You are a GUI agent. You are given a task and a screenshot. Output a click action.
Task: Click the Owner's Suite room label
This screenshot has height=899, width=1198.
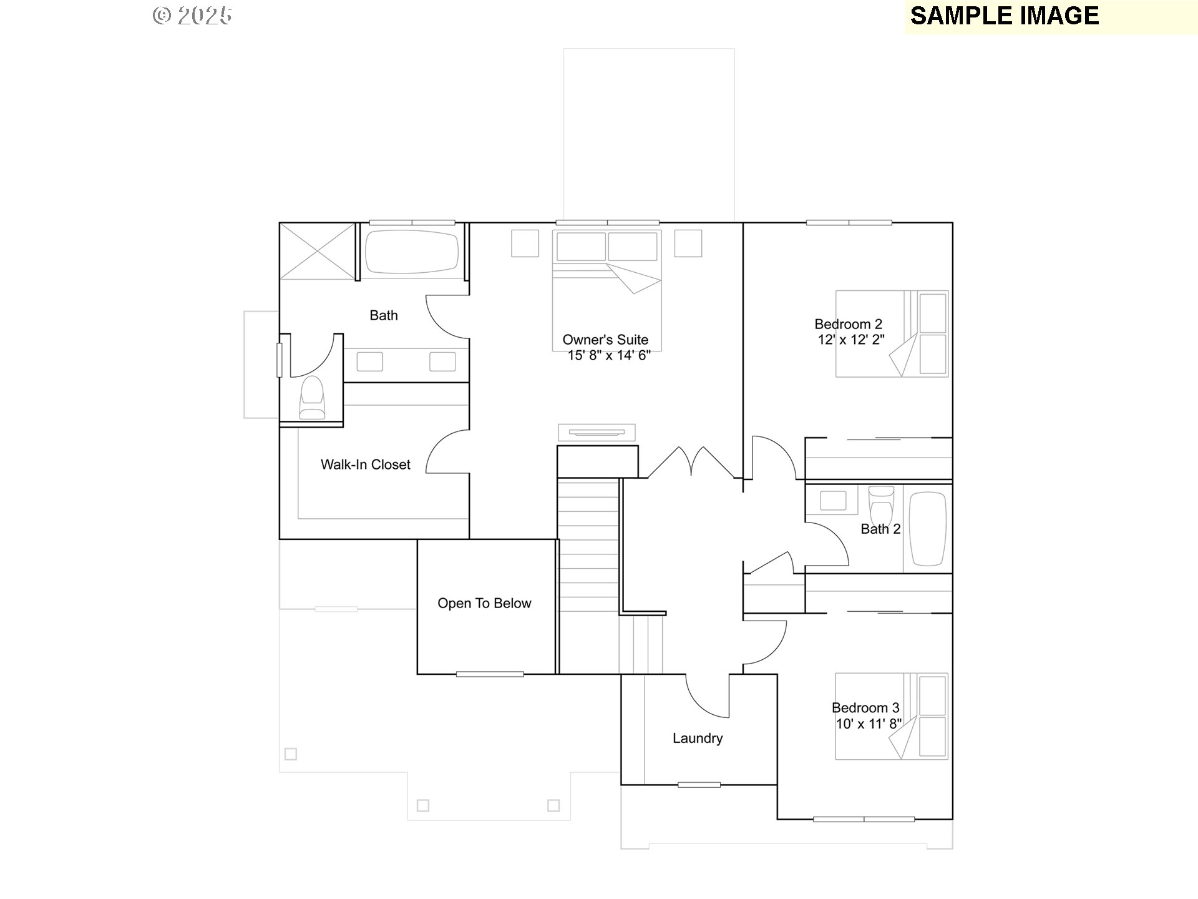click(605, 340)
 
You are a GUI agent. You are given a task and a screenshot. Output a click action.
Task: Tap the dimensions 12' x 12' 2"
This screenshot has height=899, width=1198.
click(851, 340)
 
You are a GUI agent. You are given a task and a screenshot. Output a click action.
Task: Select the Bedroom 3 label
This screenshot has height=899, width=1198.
click(865, 707)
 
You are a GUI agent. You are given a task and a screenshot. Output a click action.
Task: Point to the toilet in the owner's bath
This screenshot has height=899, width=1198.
click(312, 398)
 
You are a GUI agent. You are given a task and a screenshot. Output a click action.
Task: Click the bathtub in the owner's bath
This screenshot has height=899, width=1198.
click(411, 252)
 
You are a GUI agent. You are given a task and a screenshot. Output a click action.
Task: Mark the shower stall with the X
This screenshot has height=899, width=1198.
click(318, 251)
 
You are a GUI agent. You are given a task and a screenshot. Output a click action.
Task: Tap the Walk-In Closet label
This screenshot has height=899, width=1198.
click(366, 464)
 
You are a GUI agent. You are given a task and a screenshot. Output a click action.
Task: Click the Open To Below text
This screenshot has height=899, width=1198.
click(484, 603)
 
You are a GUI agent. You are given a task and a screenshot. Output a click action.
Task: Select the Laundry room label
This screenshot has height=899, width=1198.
click(698, 738)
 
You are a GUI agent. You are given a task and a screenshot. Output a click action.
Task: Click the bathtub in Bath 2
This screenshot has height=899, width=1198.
click(928, 529)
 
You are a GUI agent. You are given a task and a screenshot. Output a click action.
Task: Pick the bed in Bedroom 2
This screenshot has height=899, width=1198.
click(892, 333)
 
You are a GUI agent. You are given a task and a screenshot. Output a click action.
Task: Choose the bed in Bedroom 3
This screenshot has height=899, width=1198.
click(892, 716)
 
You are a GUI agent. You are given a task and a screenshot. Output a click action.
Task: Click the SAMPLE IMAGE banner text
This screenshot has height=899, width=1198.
click(1004, 16)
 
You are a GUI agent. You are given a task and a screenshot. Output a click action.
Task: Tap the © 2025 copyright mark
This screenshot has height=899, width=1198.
click(193, 16)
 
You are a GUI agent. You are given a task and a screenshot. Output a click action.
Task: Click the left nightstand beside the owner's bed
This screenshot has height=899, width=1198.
click(525, 243)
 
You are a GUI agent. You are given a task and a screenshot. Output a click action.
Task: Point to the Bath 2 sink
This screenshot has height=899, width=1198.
click(832, 501)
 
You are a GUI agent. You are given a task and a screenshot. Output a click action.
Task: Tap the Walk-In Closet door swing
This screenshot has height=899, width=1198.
click(446, 452)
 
